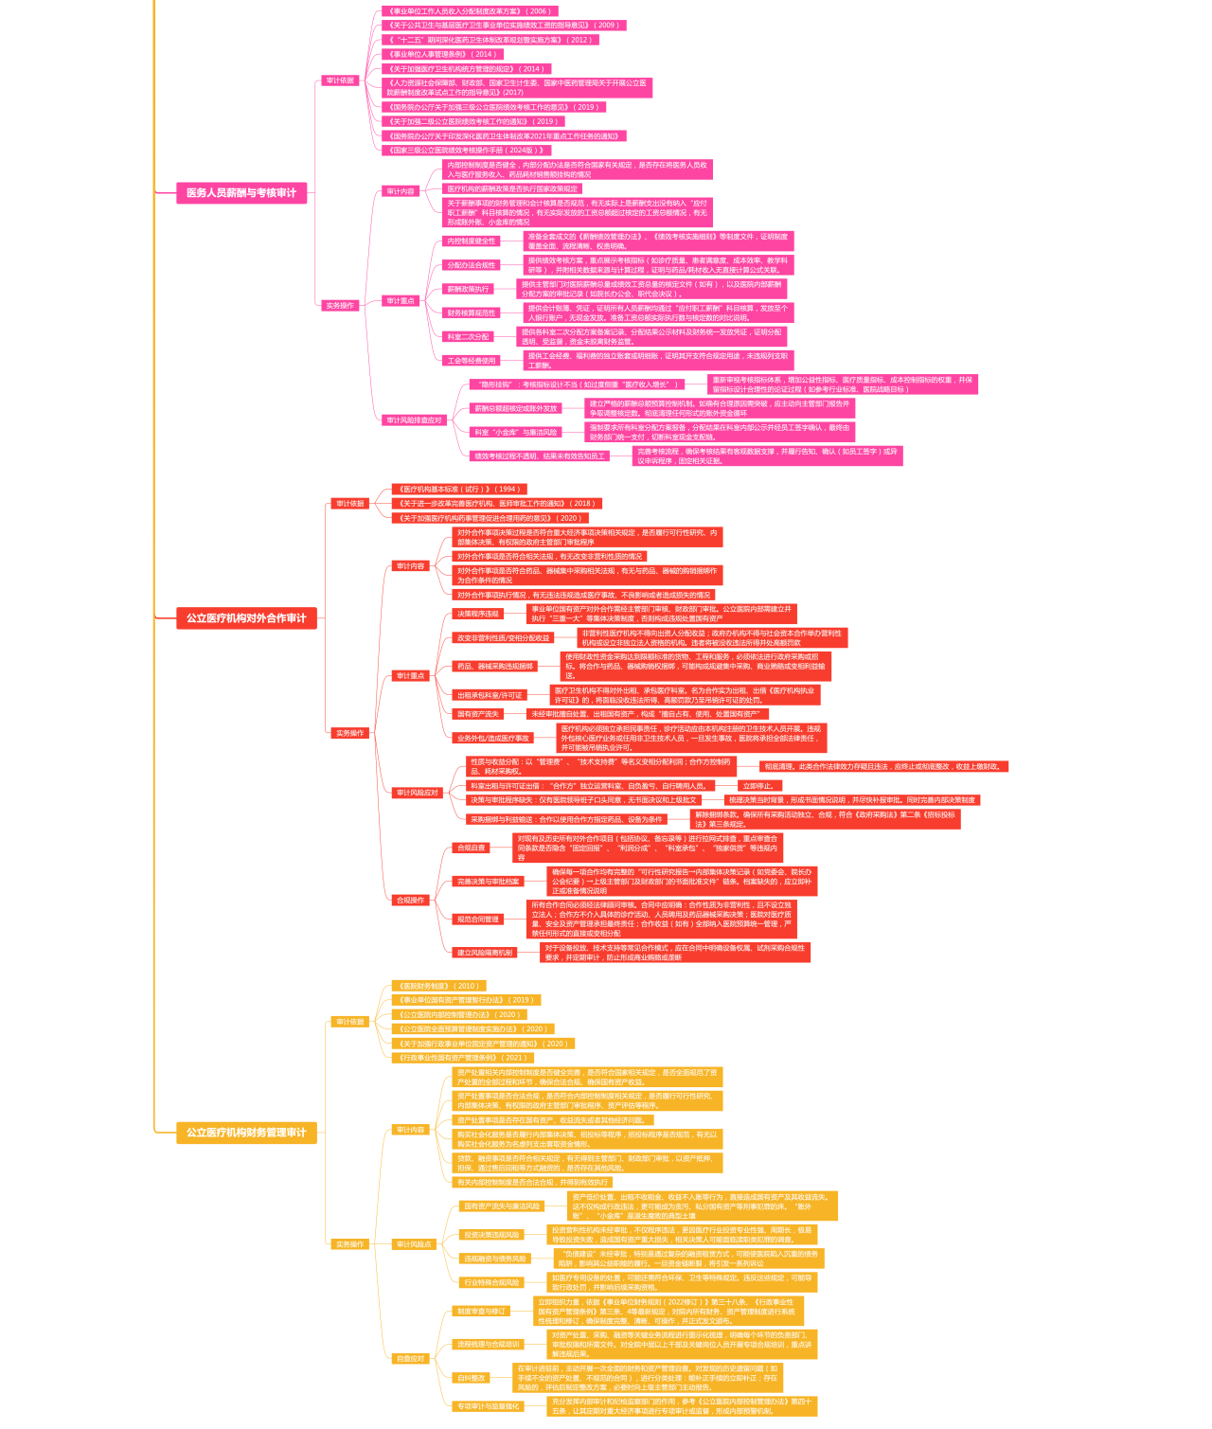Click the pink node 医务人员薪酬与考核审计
[241, 193]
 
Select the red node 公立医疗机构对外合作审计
[246, 618]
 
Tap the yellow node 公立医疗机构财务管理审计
[246, 1133]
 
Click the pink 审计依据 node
[340, 80]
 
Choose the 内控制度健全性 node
[471, 241]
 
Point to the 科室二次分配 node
[468, 336]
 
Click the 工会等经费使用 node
[471, 360]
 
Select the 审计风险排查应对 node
[414, 420]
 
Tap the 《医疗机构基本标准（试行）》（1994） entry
[459, 490]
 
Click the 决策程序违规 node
[477, 614]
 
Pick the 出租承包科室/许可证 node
[489, 695]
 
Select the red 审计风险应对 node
[417, 793]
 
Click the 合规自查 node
[471, 848]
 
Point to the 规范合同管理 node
[477, 919]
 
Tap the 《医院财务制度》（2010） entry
[438, 986]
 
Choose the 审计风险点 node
[414, 1244]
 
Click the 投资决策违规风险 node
[490, 1235]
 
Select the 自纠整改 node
[471, 1378]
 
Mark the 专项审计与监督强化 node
[488, 1406]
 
